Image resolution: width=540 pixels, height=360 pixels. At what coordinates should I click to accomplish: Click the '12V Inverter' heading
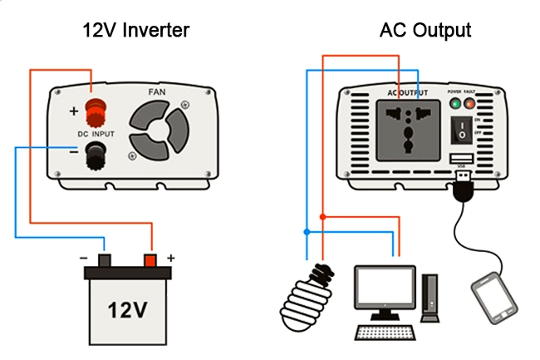click(x=136, y=31)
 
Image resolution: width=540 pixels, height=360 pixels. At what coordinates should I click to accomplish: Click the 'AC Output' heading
click(x=425, y=31)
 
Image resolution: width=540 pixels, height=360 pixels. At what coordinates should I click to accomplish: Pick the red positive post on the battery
click(x=150, y=260)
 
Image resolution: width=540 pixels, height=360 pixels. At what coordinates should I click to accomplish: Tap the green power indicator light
click(x=455, y=104)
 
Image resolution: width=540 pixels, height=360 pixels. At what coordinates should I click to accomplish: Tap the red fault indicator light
click(x=470, y=104)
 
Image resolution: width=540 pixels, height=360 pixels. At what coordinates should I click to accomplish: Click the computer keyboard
click(x=387, y=333)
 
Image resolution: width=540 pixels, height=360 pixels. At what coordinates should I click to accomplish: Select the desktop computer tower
click(x=430, y=298)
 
